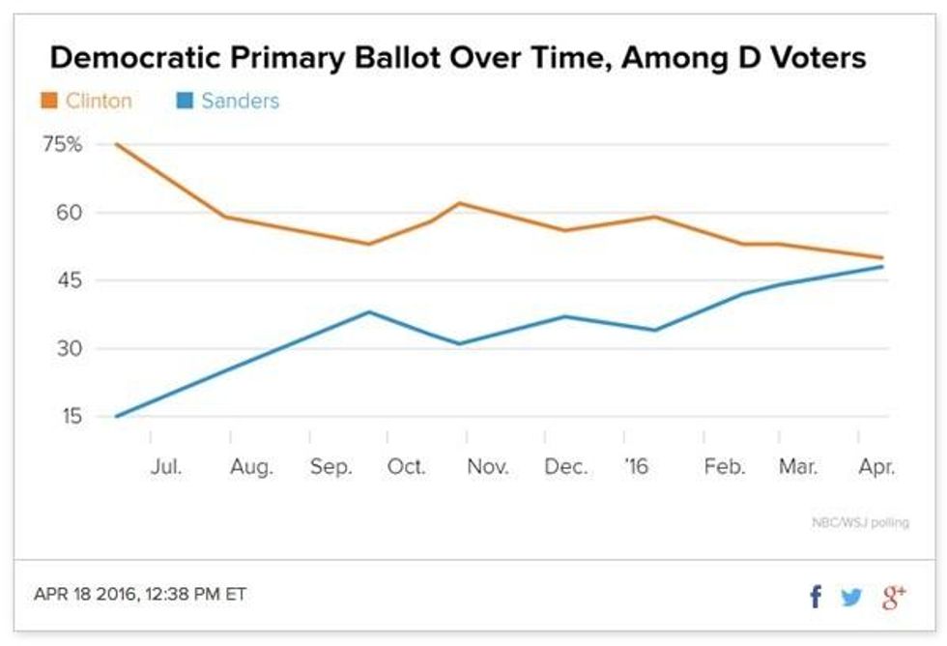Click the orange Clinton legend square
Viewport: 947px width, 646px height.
(47, 101)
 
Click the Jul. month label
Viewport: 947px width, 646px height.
(167, 467)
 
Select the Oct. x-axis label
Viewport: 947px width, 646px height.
(407, 467)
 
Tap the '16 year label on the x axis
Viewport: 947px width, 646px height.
(636, 467)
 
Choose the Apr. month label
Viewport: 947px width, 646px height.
(876, 467)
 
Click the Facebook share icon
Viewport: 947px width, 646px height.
(816, 597)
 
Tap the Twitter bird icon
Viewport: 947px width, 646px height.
(851, 597)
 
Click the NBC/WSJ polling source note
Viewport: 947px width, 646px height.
(861, 523)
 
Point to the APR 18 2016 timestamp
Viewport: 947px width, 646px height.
(140, 594)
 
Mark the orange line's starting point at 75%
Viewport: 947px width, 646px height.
(116, 144)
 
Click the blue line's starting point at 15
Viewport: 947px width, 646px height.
(116, 417)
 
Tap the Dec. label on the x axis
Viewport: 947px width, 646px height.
(565, 467)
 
